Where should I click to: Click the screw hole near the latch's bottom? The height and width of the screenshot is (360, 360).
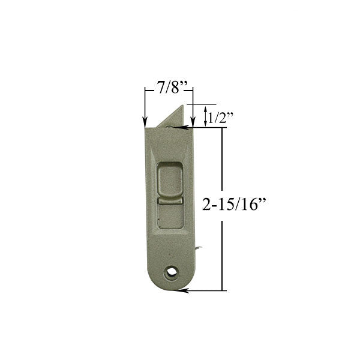(x=173, y=272)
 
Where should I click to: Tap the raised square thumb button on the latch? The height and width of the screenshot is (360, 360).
(x=171, y=180)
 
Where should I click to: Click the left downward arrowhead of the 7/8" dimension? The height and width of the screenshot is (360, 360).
(x=145, y=122)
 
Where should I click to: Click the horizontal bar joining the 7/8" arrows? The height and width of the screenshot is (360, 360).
(x=169, y=91)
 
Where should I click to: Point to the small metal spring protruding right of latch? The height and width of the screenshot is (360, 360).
(x=199, y=247)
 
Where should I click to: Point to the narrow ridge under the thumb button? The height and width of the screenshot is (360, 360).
(x=171, y=202)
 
